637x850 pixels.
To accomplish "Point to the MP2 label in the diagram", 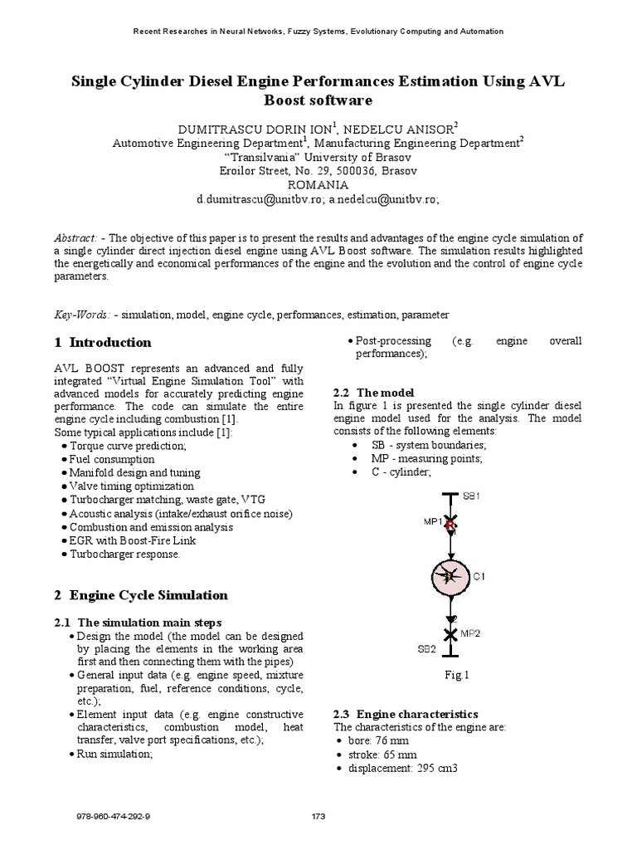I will tap(470, 633).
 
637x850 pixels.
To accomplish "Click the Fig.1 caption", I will tap(457, 676).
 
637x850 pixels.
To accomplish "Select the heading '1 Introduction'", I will tap(103, 342).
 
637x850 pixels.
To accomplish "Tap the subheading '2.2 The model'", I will tap(372, 392).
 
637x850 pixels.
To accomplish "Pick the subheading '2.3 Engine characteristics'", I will tap(405, 714).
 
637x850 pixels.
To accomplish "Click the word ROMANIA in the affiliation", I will tap(318, 184).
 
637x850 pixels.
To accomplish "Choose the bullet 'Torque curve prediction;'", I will tap(129, 446).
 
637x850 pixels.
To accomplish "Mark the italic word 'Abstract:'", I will tap(76, 237).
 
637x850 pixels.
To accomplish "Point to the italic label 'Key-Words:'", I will tap(83, 315).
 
